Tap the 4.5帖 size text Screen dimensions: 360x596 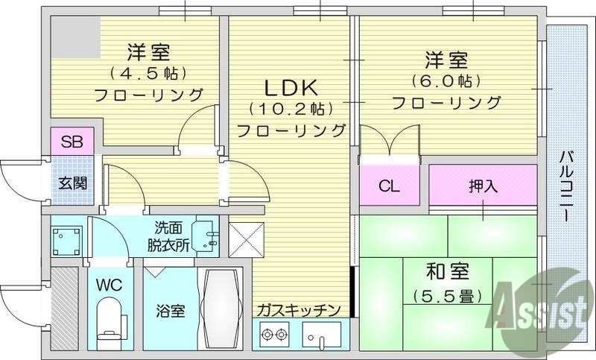coord(148,74)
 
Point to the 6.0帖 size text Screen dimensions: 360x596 coord(446,80)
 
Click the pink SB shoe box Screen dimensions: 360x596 coord(72,141)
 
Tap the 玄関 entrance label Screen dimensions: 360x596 coord(72,180)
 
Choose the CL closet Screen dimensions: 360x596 coord(389,186)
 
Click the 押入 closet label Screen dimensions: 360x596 coord(483,186)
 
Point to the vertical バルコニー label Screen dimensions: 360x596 coord(565,186)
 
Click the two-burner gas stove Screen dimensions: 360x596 coord(273,335)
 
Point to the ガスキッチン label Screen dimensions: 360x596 coord(299,310)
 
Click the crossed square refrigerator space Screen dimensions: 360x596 coord(247,239)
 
